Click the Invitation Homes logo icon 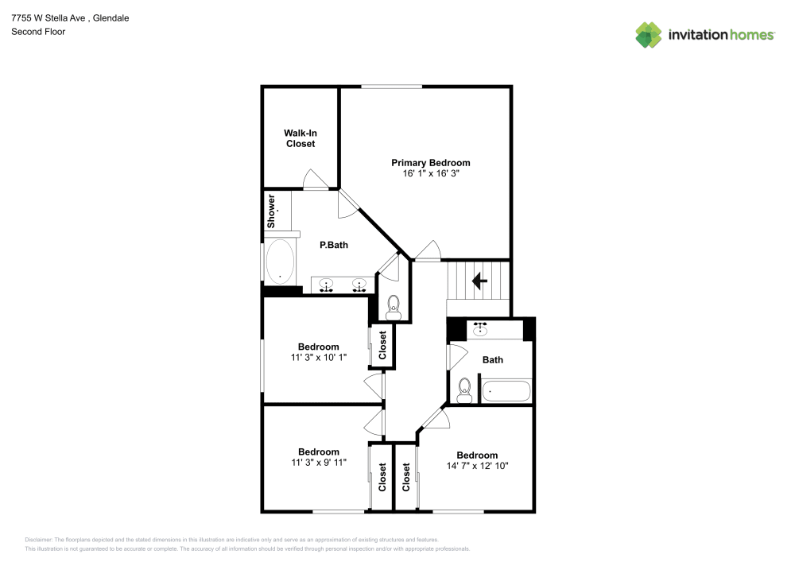point(648,34)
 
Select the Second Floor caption point(37,32)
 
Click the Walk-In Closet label point(301,138)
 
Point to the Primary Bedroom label point(430,162)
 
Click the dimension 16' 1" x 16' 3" point(430,173)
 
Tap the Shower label point(271,211)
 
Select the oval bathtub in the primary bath point(279,262)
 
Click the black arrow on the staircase point(479,281)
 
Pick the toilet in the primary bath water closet point(393,307)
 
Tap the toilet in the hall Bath point(465,390)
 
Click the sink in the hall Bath point(480,328)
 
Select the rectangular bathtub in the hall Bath point(506,392)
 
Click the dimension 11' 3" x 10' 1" point(318,358)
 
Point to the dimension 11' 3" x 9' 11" point(318,462)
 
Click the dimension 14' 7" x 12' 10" point(477,466)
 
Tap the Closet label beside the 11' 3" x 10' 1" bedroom point(382,345)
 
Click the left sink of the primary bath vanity point(327,285)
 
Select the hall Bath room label point(493,360)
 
